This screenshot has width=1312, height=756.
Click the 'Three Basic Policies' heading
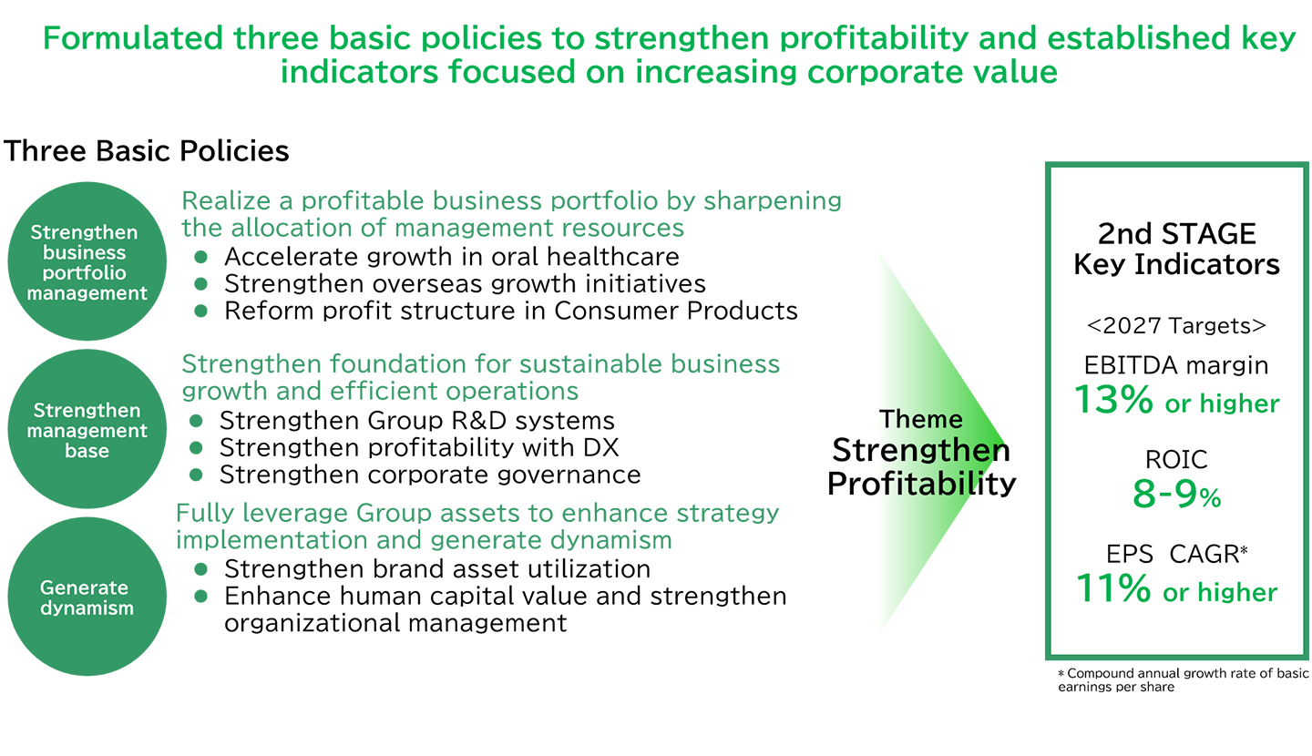(x=147, y=151)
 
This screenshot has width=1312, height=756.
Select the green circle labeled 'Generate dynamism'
(x=87, y=596)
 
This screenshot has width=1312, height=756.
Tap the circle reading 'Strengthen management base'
(x=87, y=429)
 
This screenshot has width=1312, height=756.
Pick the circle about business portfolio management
(x=87, y=261)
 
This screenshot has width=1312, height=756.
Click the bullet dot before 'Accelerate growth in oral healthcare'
(x=200, y=257)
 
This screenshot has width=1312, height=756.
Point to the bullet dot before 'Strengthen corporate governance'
(x=196, y=475)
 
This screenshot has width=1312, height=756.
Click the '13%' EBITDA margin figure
(x=1113, y=399)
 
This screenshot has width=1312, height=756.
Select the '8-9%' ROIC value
(x=1177, y=494)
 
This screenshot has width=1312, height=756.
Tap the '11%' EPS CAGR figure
(x=1113, y=587)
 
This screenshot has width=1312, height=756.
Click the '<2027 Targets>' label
(x=1177, y=325)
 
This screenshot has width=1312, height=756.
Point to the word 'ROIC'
(x=1177, y=459)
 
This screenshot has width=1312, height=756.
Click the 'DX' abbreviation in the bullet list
(x=601, y=448)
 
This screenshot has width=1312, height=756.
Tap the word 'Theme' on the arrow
(x=921, y=419)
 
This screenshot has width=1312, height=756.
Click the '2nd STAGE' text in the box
(x=1177, y=234)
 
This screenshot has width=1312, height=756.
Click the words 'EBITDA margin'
(x=1177, y=365)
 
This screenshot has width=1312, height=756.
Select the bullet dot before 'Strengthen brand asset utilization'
(x=200, y=568)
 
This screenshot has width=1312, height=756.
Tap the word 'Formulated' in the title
(x=133, y=38)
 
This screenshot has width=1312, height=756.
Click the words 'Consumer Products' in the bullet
(x=676, y=311)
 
